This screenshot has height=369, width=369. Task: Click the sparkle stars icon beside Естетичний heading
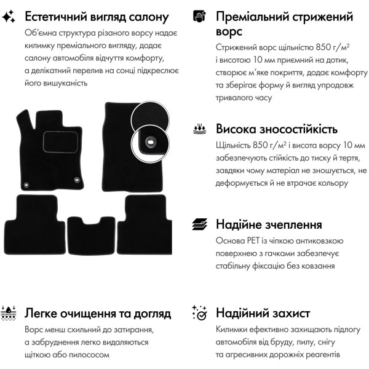(9, 17)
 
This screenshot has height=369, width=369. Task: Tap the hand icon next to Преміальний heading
(199, 16)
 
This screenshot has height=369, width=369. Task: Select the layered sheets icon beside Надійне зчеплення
(199, 224)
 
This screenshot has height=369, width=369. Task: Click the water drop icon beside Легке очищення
(8, 313)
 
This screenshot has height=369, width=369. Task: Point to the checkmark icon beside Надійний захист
(199, 313)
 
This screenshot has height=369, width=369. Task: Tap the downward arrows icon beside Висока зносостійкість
(199, 129)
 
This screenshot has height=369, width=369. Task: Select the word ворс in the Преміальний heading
(229, 32)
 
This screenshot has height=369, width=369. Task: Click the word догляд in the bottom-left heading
(153, 314)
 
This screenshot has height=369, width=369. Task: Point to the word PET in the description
(253, 240)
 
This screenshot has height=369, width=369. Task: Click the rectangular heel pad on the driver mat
(60, 142)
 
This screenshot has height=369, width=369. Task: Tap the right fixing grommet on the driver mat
(77, 180)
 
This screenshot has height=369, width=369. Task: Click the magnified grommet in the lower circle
(151, 141)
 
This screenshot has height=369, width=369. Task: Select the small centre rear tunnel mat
(91, 236)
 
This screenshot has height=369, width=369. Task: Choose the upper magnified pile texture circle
(150, 117)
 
